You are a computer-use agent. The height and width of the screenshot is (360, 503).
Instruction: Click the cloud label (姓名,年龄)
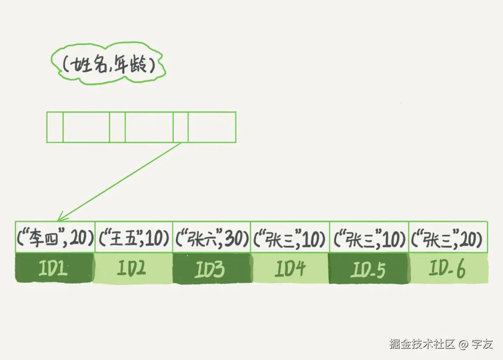[107, 66]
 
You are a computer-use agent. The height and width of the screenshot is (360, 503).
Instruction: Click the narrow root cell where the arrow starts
[181, 127]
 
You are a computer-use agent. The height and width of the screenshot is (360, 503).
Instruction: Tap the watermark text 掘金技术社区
[422, 344]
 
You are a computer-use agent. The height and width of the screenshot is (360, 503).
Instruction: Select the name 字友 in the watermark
[482, 344]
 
